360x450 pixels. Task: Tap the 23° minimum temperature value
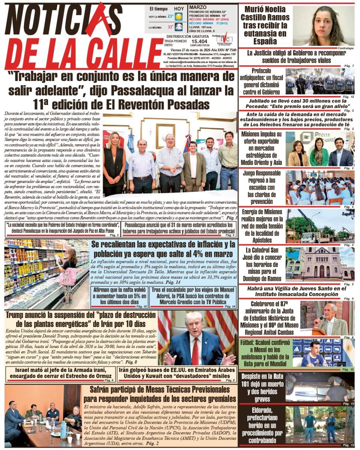click(171, 16)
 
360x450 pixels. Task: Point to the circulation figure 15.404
click(199, 42)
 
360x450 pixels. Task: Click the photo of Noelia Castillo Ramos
click(323, 25)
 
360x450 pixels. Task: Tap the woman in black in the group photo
click(114, 165)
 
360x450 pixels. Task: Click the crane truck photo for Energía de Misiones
click(320, 226)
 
